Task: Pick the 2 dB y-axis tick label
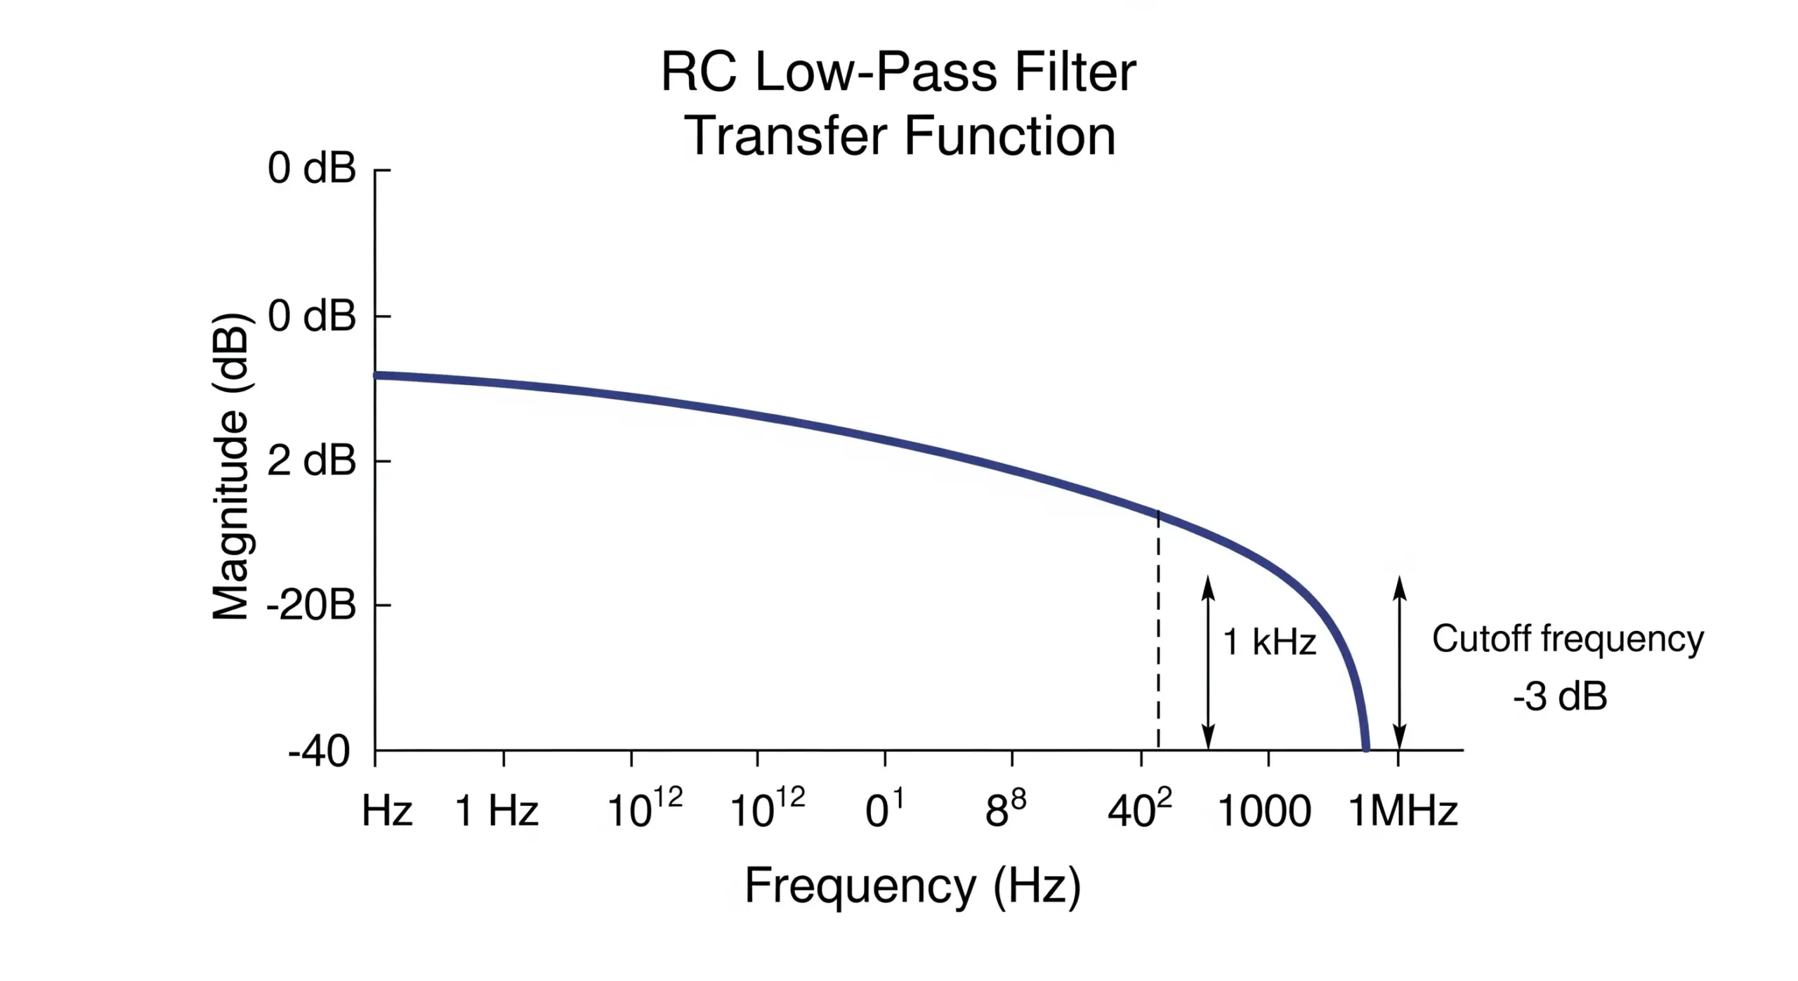(311, 462)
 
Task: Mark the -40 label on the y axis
(319, 752)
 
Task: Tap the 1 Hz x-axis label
(497, 811)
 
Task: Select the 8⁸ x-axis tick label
(1005, 810)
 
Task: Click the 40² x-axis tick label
(1139, 810)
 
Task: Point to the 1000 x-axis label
(1264, 812)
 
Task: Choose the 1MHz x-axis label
(1403, 811)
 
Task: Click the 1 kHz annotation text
(1269, 642)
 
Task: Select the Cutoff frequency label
(1568, 639)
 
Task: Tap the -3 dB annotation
(1560, 696)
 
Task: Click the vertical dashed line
(1158, 632)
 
